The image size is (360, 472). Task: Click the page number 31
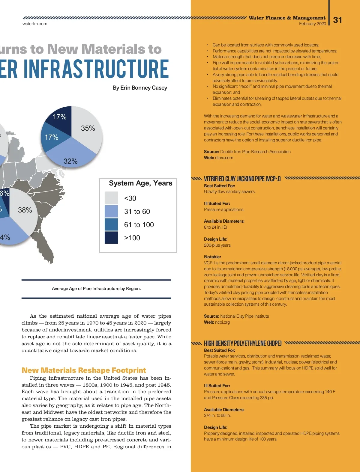(337, 20)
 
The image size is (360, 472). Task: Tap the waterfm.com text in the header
(35, 24)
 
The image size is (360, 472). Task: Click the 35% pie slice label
(88, 128)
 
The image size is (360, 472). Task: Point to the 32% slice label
(70, 161)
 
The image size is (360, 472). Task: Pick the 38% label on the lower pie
(25, 210)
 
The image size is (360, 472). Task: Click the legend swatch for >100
(111, 238)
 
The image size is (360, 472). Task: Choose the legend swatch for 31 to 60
(111, 211)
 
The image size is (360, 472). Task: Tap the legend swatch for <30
(111, 198)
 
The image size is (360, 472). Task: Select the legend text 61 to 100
(139, 225)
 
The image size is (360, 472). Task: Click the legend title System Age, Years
(140, 183)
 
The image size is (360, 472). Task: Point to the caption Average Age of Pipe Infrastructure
(96, 289)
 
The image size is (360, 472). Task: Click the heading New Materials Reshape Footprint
(84, 370)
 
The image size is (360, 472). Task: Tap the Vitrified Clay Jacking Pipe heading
(242, 179)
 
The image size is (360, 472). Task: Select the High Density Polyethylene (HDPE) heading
(243, 343)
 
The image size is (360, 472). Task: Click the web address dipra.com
(224, 158)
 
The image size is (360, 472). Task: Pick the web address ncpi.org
(222, 322)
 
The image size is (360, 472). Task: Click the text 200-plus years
(217, 245)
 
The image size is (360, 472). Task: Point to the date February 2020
(312, 24)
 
